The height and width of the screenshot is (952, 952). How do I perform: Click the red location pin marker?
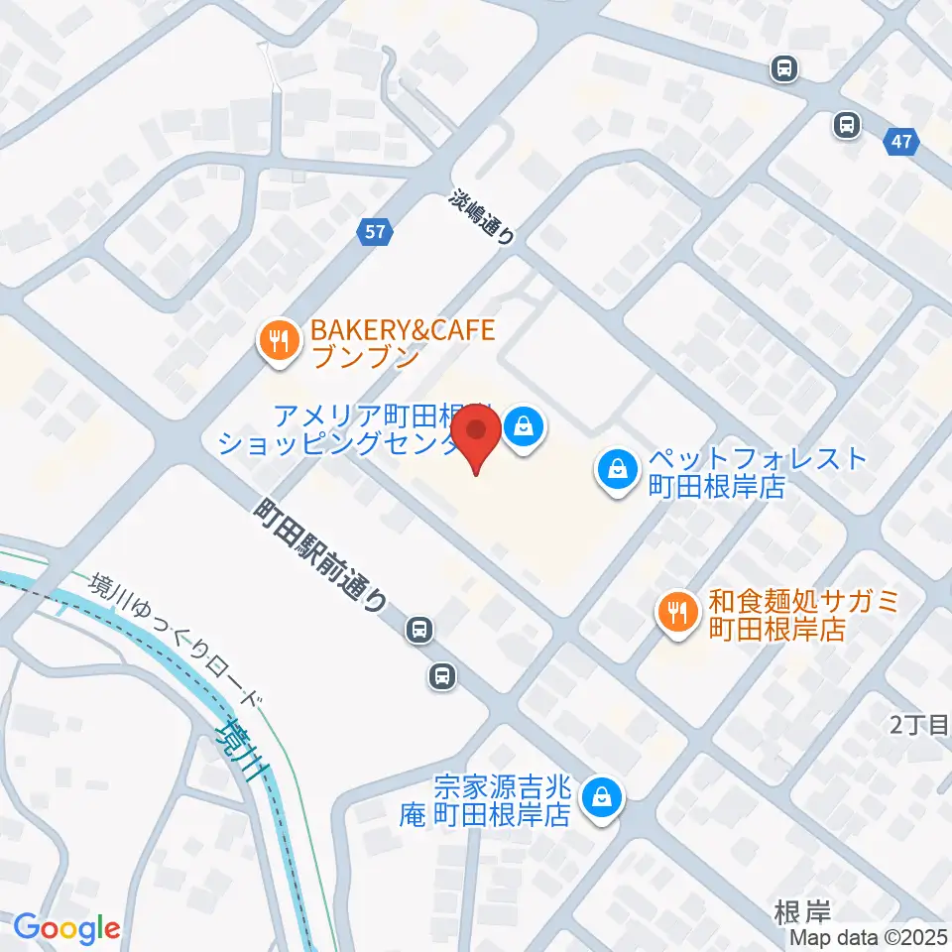tap(477, 437)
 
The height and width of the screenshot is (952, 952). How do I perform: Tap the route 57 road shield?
tap(374, 233)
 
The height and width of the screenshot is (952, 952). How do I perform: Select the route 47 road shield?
tap(900, 142)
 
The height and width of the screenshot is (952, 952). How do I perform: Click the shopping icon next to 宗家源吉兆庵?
tap(600, 796)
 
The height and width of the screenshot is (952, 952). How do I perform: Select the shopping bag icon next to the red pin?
tap(523, 427)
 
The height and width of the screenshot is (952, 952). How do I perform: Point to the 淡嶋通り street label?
tap(483, 218)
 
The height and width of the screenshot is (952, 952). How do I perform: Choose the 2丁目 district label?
tap(919, 726)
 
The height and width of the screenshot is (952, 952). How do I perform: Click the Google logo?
tap(66, 928)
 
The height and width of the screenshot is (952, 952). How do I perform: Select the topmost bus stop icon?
tap(784, 68)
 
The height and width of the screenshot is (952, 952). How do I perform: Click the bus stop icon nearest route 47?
tap(846, 125)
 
